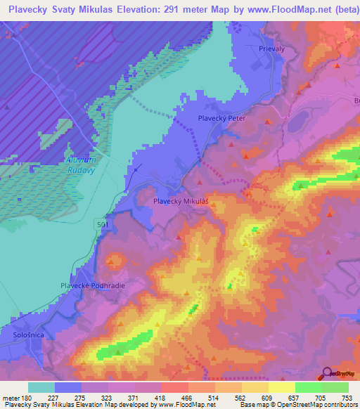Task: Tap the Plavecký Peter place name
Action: click(221, 118)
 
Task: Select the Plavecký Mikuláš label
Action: click(181, 200)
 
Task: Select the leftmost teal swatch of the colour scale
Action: click(41, 387)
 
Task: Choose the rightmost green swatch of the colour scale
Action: click(335, 387)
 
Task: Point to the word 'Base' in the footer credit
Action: click(249, 404)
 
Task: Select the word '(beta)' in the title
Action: click(341, 9)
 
